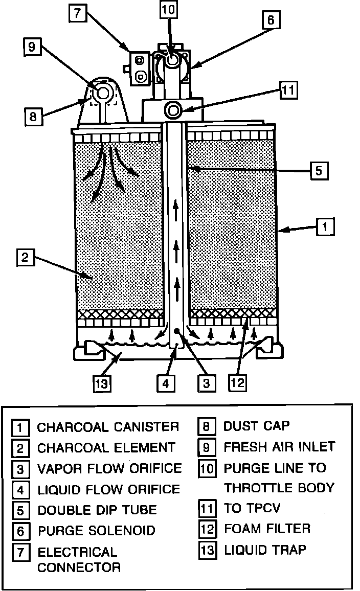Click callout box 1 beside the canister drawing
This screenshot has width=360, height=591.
[x=325, y=226]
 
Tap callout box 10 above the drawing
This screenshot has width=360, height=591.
[x=168, y=9]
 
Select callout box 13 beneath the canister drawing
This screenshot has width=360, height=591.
[x=102, y=382]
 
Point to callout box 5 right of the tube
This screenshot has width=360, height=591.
[x=318, y=170]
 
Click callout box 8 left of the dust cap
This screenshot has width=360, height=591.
[x=33, y=116]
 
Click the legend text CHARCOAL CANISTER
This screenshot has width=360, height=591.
[x=108, y=427]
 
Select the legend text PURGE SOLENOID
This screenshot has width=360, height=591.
[x=96, y=530]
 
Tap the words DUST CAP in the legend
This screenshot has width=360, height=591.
[x=256, y=425]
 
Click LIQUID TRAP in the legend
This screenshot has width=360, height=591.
[x=265, y=550]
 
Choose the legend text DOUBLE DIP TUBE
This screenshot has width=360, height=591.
[x=97, y=510]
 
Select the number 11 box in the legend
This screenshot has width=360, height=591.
[x=206, y=508]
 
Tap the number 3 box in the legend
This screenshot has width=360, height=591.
[x=20, y=469]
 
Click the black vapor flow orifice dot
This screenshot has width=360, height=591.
[x=176, y=331]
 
